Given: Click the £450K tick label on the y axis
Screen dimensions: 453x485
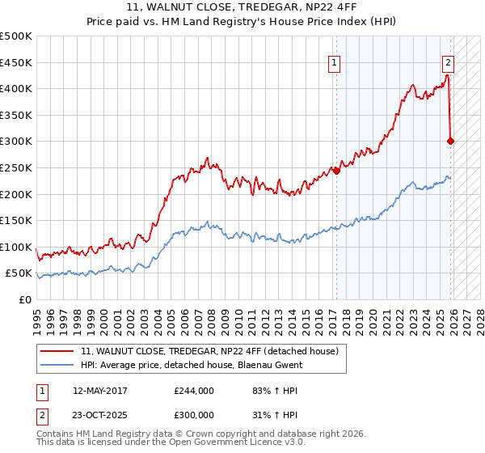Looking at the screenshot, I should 16,62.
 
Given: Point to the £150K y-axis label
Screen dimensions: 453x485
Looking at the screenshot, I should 16,220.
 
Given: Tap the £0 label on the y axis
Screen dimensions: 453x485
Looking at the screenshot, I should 25,299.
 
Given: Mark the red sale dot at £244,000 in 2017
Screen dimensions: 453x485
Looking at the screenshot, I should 336,170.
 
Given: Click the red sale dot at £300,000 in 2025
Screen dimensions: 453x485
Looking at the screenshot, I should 451,141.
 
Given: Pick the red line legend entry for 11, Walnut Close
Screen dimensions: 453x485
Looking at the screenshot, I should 214,350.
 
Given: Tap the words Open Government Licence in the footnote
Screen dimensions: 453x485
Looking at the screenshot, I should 230,443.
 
